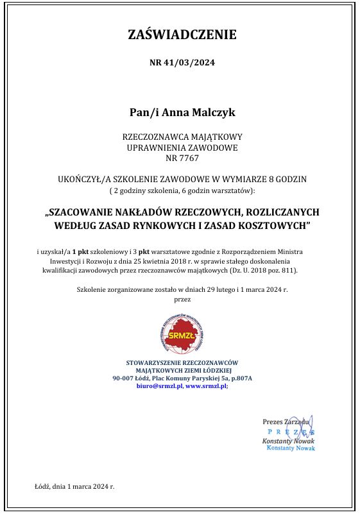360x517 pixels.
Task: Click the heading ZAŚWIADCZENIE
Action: pyautogui.click(x=182, y=35)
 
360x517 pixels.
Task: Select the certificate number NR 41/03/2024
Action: pyautogui.click(x=182, y=63)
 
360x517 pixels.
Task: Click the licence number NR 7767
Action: pyautogui.click(x=182, y=157)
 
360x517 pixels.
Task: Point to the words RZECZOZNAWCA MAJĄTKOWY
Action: pyautogui.click(x=182, y=137)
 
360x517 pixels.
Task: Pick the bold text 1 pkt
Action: pyautogui.click(x=81, y=251)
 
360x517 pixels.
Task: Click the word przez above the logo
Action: pyautogui.click(x=182, y=299)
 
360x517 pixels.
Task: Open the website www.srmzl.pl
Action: pyautogui.click(x=206, y=386)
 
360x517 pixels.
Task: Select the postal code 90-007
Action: pyautogui.click(x=124, y=378)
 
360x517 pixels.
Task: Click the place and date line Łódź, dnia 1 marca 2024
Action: pyautogui.click(x=74, y=486)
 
